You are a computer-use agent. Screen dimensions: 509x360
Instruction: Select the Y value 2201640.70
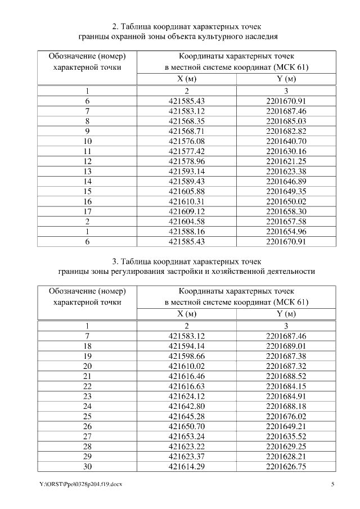[x=286, y=141]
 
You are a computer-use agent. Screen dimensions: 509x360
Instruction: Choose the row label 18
[x=87, y=346]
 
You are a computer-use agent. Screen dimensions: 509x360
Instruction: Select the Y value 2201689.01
[x=286, y=346]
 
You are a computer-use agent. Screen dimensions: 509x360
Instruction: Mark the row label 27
[x=87, y=435]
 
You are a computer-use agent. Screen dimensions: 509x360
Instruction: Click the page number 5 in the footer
[x=332, y=484]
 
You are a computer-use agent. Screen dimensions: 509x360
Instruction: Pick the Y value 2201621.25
[x=286, y=161]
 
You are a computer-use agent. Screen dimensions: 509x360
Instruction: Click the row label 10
[x=87, y=141]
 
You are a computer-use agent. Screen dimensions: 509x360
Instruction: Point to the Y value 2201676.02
[x=286, y=416]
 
